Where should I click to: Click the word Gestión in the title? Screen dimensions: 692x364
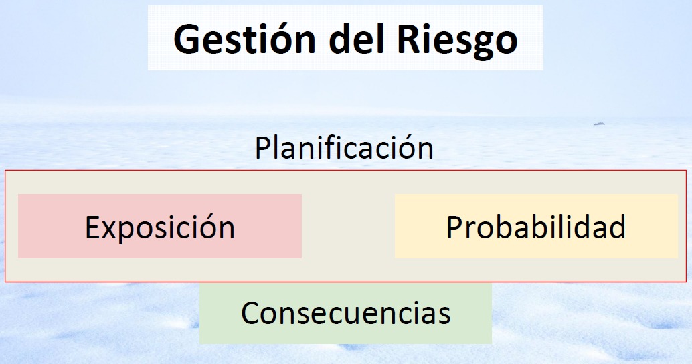244,39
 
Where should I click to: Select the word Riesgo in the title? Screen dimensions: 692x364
457,41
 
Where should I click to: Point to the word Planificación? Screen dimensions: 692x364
344,147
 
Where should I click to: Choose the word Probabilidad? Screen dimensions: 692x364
536,227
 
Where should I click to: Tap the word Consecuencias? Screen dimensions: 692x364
345,312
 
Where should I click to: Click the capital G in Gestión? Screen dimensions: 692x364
188,39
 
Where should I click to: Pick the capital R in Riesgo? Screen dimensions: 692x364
409,39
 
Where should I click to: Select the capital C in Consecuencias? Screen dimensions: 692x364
251,313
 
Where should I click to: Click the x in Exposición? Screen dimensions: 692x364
112,231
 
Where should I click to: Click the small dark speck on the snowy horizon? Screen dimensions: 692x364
599,124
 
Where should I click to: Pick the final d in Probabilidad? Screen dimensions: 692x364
617,227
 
